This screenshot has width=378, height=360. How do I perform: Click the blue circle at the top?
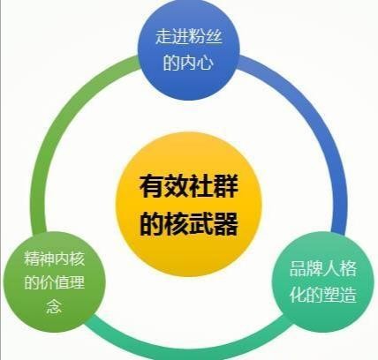pyautogui.click(x=189, y=50)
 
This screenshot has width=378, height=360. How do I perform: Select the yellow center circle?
pyautogui.click(x=189, y=205)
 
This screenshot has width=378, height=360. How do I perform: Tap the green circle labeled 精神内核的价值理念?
pyautogui.click(x=55, y=281)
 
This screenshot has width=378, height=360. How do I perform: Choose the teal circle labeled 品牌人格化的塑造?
pyautogui.click(x=323, y=281)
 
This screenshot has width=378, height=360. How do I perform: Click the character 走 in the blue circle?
pyautogui.click(x=164, y=36)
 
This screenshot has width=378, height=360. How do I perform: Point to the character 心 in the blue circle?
pyautogui.click(x=205, y=62)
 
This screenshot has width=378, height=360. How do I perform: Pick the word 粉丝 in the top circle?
pyautogui.click(x=205, y=36)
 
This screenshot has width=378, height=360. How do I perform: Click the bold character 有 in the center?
pyautogui.click(x=152, y=186)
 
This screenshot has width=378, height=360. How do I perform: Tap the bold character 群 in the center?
pyautogui.click(x=226, y=186)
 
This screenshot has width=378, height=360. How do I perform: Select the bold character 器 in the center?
pyautogui.click(x=226, y=223)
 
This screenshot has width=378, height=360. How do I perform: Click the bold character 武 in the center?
pyautogui.click(x=201, y=223)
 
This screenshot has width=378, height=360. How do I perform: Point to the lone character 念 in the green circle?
pyautogui.click(x=54, y=306)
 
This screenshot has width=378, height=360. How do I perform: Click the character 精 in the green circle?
pyautogui.click(x=32, y=259)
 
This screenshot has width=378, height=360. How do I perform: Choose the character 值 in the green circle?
pyautogui.click(x=62, y=282)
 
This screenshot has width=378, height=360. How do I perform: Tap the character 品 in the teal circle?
pyautogui.click(x=299, y=269)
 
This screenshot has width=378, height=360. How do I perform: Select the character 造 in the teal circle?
pyautogui.click(x=348, y=295)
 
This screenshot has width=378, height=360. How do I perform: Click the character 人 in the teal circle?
pyautogui.click(x=331, y=269)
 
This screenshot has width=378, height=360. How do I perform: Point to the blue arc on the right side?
pyautogui.click(x=318, y=124)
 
